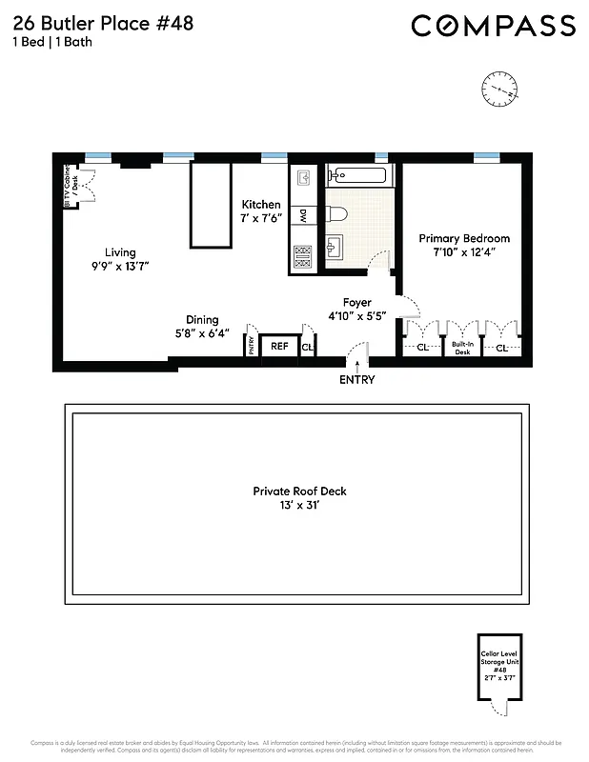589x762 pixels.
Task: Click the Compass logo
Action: [493, 26]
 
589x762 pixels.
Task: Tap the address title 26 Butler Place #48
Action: [103, 23]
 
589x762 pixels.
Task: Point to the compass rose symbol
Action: [501, 88]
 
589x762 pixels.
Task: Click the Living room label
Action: [120, 252]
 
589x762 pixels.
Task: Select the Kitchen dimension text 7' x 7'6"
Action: [260, 218]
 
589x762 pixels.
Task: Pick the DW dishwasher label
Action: [303, 216]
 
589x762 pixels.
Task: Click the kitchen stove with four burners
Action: [303, 256]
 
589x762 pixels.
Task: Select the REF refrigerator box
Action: [278, 347]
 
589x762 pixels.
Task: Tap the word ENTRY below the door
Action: [357, 379]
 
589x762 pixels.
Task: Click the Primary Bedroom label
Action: [464, 238]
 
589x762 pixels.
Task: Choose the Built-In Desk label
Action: [463, 349]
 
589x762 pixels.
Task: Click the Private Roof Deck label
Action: [299, 491]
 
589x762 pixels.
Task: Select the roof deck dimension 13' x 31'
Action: [299, 506]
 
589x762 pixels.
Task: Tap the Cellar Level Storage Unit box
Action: [500, 672]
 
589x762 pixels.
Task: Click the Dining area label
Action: [202, 320]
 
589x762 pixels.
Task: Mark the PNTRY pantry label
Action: [252, 345]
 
